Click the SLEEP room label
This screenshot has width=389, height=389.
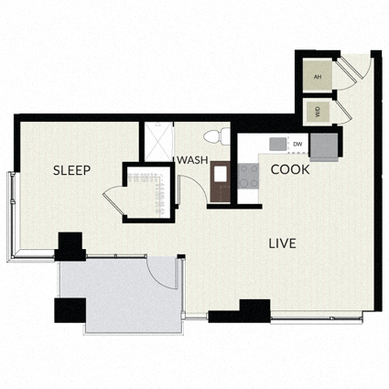[71, 170]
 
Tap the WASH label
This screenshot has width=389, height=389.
[192, 160]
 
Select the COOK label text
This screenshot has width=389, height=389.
[290, 169]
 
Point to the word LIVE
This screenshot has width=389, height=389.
[282, 243]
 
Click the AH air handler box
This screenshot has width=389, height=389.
[318, 76]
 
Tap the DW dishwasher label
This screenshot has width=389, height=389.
[297, 144]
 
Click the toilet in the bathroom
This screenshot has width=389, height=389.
[217, 136]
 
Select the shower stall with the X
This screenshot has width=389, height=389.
[158, 142]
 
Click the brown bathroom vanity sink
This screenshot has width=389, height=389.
[221, 181]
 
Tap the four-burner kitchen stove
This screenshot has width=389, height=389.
[248, 176]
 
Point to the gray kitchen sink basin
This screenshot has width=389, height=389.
[278, 144]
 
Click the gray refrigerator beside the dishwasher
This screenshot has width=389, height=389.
[324, 147]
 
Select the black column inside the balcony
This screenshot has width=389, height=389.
[70, 310]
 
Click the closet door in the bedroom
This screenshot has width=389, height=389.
[113, 200]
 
